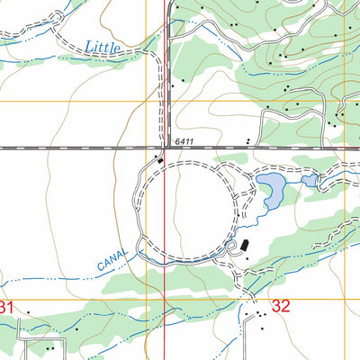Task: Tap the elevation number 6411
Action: click(x=184, y=142)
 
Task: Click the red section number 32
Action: click(x=281, y=306)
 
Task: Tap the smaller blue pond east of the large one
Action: click(x=310, y=181)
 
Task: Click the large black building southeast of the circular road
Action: click(x=243, y=245)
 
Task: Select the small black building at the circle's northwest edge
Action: click(x=160, y=161)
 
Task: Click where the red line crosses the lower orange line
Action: click(x=164, y=300)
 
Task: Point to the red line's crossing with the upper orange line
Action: click(x=164, y=102)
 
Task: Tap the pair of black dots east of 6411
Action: click(x=247, y=141)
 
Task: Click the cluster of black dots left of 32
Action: click(x=260, y=314)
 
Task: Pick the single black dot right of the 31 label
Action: click(x=28, y=314)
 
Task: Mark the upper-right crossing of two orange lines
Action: click(x=345, y=102)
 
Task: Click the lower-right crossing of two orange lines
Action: click(x=345, y=300)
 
